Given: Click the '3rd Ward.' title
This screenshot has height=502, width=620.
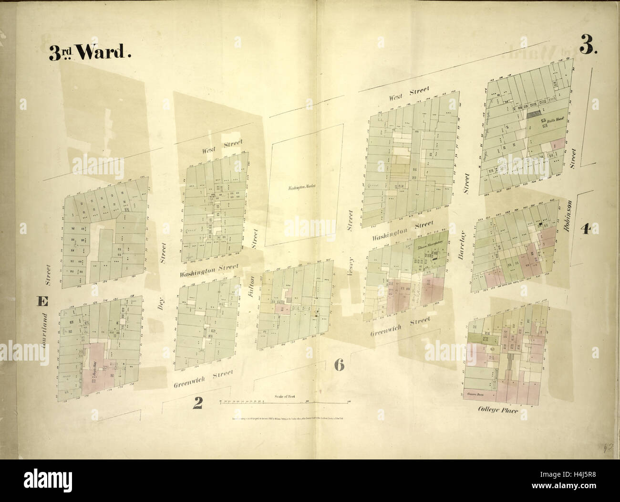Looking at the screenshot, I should coord(89,53).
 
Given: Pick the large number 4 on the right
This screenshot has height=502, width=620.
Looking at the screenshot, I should coord(585,229).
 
